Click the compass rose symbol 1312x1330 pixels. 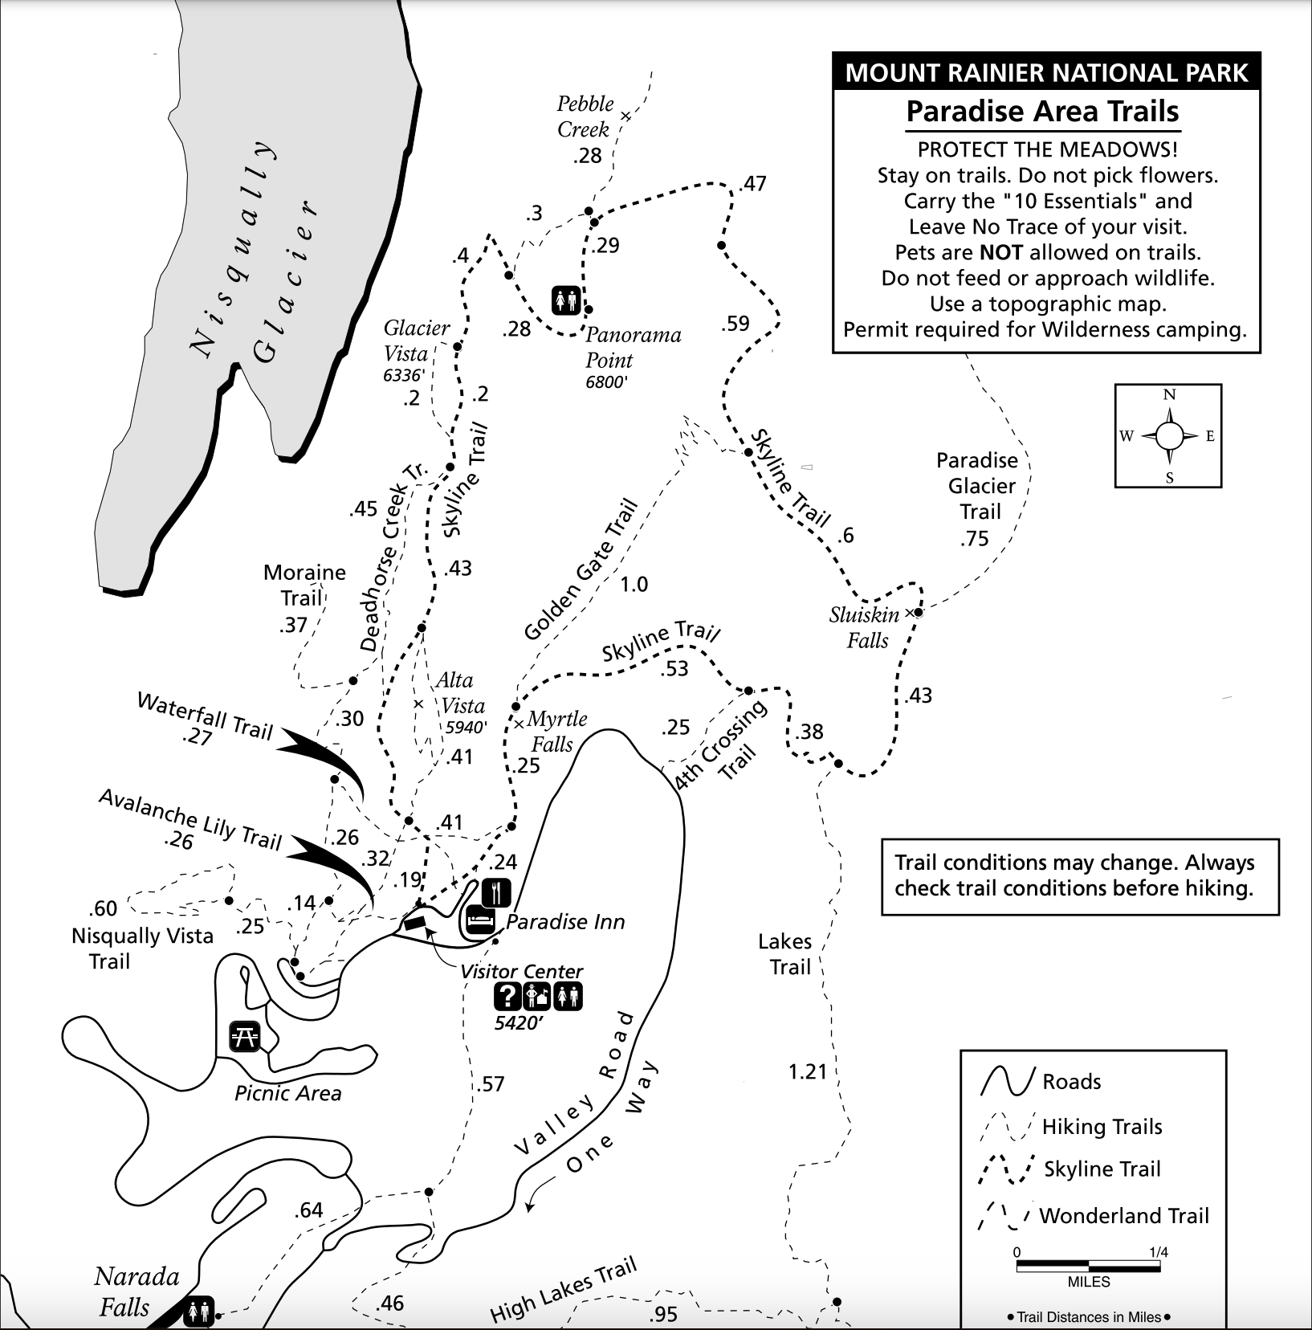[1169, 436]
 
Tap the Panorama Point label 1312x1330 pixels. [633, 347]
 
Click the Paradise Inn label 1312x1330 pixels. [565, 922]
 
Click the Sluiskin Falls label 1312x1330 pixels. [865, 627]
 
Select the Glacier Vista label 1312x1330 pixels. [416, 341]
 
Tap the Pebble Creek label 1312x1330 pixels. [585, 116]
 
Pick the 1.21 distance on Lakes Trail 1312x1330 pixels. [807, 1071]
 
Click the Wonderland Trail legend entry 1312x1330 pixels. [1094, 1215]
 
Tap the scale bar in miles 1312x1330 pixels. [1088, 1267]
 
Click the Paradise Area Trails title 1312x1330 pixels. [1042, 112]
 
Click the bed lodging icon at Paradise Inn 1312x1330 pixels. [479, 920]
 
